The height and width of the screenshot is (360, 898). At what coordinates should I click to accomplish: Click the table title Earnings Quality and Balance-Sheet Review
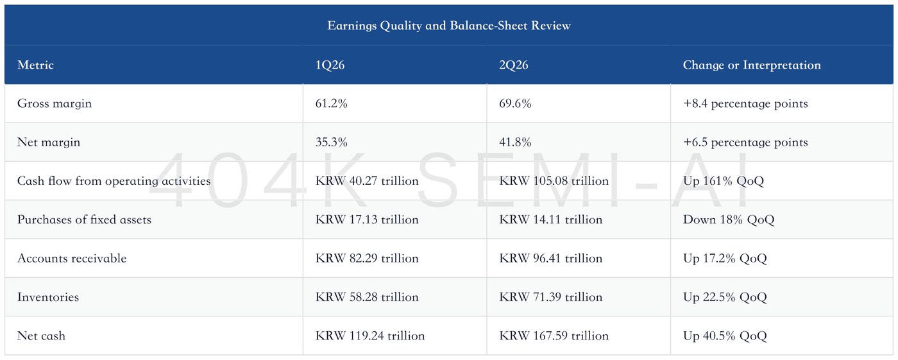click(x=448, y=26)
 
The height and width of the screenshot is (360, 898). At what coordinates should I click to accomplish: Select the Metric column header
click(x=35, y=65)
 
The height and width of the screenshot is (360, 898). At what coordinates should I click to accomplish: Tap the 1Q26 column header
click(x=330, y=65)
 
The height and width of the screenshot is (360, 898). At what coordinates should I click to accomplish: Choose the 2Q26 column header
click(x=514, y=65)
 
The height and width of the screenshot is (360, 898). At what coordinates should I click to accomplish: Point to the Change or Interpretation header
click(x=752, y=65)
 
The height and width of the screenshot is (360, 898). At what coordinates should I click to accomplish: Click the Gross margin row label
click(x=55, y=103)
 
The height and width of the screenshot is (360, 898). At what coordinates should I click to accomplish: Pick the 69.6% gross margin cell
click(x=515, y=103)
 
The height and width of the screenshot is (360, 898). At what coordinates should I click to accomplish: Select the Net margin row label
click(x=49, y=142)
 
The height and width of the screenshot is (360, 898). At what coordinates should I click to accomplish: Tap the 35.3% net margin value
click(x=331, y=142)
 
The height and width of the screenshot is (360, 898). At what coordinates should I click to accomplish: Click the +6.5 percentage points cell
click(x=745, y=142)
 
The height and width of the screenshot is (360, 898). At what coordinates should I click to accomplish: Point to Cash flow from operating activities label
click(x=114, y=181)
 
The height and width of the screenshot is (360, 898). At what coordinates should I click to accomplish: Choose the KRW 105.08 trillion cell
click(x=554, y=181)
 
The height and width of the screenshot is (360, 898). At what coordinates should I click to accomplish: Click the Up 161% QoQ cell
click(x=724, y=181)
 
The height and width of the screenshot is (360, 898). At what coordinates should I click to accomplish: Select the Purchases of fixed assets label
click(x=84, y=219)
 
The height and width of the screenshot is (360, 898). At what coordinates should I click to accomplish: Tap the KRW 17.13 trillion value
click(x=367, y=219)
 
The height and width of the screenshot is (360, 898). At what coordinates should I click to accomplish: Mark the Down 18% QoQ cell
click(x=729, y=219)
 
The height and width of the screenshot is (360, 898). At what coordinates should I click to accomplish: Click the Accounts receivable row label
click(x=72, y=258)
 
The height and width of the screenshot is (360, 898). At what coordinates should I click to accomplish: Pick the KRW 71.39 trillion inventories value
click(x=550, y=297)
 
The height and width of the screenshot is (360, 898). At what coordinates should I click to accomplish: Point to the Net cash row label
click(x=41, y=336)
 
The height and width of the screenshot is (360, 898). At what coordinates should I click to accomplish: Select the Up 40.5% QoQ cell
click(x=725, y=336)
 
